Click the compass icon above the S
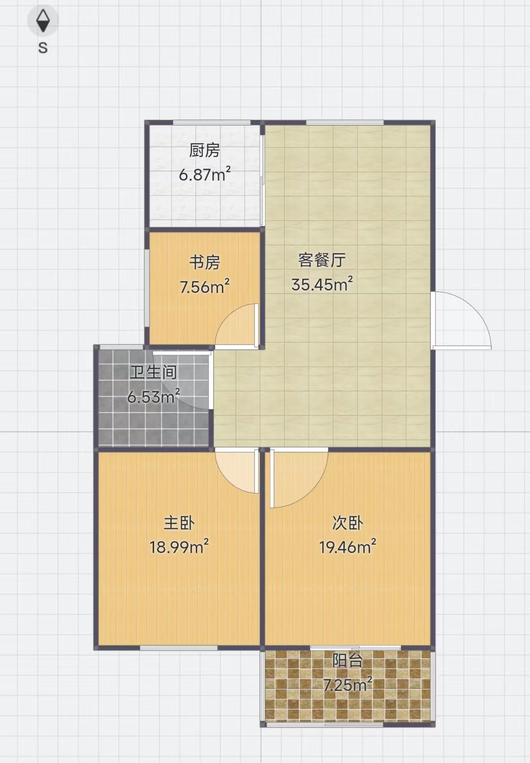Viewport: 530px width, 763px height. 43,21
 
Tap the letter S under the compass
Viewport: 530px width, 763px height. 43,48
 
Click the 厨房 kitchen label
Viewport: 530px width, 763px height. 204,151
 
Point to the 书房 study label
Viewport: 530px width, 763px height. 204,263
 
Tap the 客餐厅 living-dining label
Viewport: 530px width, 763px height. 322,260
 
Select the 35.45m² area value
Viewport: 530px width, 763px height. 322,284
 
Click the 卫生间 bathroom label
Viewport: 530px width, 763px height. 154,372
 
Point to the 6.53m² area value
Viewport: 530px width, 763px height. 154,396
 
